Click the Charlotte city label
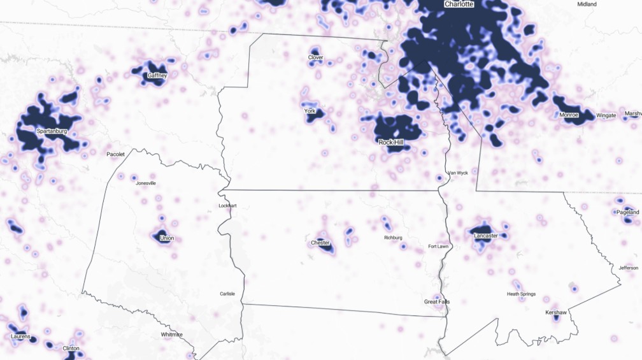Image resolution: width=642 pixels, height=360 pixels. tap(459, 4)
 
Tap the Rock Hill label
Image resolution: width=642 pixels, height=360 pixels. tap(390, 142)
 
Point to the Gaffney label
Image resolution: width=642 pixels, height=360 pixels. tap(157, 76)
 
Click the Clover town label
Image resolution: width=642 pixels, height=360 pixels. tap(315, 58)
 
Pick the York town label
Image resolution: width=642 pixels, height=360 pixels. tap(310, 112)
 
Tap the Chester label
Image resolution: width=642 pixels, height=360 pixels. tap(320, 243)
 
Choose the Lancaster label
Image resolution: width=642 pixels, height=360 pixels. tap(486, 236)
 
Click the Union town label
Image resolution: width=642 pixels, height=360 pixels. tap(167, 238)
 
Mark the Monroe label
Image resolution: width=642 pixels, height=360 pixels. tap(569, 115)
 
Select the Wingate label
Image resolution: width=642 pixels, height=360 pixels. tap(606, 115)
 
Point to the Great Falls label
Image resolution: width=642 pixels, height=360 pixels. tap(436, 301)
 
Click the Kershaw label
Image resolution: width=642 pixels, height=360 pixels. tap(556, 313)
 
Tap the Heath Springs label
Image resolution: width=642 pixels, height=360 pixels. tap(521, 294)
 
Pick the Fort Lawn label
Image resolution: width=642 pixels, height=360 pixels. tap(439, 247)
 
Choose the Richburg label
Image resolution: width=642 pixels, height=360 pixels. tap(393, 238)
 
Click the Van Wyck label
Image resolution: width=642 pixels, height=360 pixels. tap(457, 173)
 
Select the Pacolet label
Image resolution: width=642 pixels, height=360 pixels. tap(115, 154)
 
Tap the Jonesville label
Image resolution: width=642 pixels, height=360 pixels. tap(146, 183)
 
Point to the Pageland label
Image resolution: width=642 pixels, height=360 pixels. tap(627, 212)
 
